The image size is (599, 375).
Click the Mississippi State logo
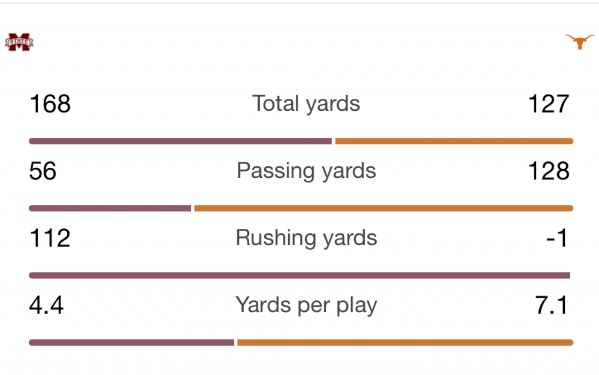[x=19, y=42]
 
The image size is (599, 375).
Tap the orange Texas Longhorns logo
[x=579, y=41]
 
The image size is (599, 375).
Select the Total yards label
[x=306, y=104]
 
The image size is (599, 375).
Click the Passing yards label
[x=306, y=171]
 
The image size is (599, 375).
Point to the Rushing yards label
[x=306, y=238]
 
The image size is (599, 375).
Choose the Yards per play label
[x=306, y=305]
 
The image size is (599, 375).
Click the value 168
[x=50, y=104]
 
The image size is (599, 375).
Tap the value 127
[x=549, y=104]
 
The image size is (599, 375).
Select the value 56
[x=43, y=171]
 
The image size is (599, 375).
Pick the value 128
[x=549, y=171]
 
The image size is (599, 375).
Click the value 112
[x=50, y=238]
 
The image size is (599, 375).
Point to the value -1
[x=557, y=238]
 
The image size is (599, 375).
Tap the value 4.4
[x=46, y=305]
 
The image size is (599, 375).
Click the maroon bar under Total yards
[x=180, y=141]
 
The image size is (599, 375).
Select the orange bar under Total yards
[x=454, y=141]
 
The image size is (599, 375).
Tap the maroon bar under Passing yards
[x=110, y=208]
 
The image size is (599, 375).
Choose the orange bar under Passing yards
[x=383, y=208]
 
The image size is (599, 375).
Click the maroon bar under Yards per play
[x=131, y=343]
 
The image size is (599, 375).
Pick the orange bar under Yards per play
[x=405, y=343]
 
